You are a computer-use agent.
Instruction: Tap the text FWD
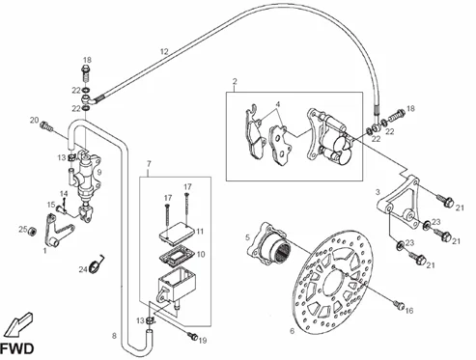pos(16,348)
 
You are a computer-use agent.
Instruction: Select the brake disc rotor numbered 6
pos(333,282)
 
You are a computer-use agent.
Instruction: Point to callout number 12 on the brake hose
pos(164,51)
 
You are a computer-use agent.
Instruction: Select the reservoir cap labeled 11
pos(177,232)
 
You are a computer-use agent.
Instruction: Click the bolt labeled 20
pos(46,126)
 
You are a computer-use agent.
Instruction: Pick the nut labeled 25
pos(32,231)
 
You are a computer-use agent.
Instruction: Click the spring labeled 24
pos(97,264)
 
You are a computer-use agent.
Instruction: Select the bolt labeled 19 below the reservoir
pos(193,336)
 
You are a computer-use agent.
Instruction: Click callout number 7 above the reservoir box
pos(149,164)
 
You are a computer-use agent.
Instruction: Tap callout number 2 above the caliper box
pos(235,81)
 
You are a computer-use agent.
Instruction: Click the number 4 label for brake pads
pos(278,104)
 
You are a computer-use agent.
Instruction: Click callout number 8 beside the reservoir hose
pos(114,336)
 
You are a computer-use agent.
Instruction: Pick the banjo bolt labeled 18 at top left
pos(86,73)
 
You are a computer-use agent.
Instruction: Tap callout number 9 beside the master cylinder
pos(99,172)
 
